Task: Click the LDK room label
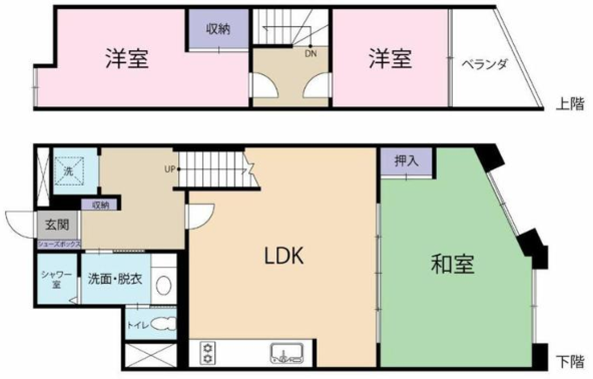(284, 256)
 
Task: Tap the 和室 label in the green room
(453, 264)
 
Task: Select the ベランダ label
(484, 64)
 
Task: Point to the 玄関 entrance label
(57, 225)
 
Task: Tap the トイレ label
(138, 325)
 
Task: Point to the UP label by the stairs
(169, 169)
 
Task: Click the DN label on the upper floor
(310, 53)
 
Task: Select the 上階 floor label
(570, 104)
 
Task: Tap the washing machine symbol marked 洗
(68, 171)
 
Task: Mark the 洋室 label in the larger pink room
(126, 59)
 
